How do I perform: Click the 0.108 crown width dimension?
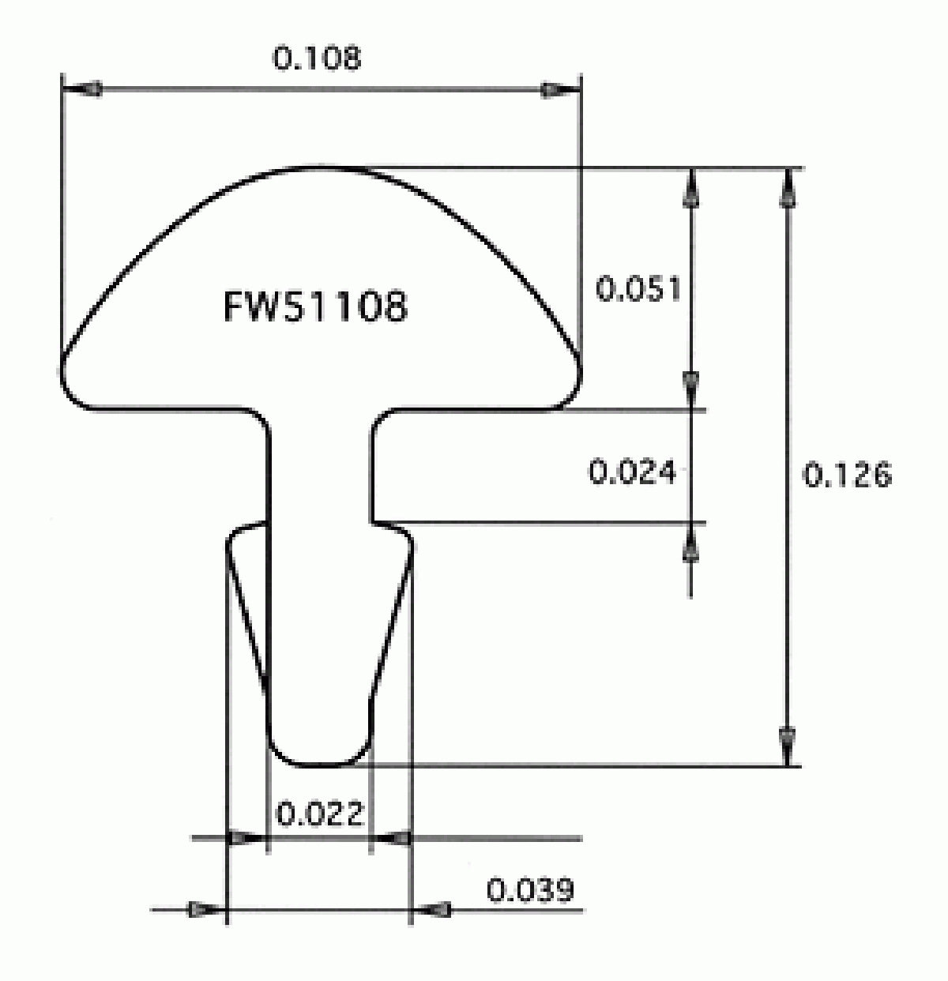tap(317, 58)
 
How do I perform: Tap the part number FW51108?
tap(315, 306)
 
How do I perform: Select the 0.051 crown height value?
tap(638, 289)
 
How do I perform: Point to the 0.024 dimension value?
tap(632, 472)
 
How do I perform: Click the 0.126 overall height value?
tap(847, 475)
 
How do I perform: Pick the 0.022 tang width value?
tap(320, 813)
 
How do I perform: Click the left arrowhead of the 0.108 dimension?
tap(81, 90)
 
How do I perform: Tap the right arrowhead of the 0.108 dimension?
tap(561, 90)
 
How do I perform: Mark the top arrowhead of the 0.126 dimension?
tap(787, 187)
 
